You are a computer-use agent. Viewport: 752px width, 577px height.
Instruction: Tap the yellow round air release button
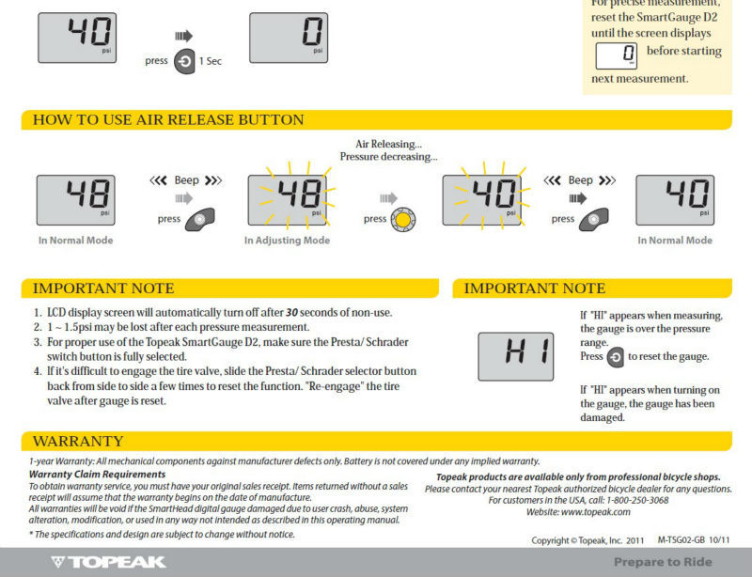pos(403,219)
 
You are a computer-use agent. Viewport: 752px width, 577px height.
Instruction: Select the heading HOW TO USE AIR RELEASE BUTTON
pos(168,120)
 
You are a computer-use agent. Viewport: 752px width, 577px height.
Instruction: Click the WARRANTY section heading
pos(78,441)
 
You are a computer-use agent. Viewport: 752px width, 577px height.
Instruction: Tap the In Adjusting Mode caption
pos(287,241)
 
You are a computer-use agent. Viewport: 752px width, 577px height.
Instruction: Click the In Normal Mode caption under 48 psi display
pos(75,241)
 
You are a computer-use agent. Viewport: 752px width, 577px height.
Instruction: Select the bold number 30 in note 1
pos(291,312)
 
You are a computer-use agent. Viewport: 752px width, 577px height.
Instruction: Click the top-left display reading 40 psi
pos(78,39)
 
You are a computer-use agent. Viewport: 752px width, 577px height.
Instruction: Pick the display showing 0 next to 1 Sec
pos(288,39)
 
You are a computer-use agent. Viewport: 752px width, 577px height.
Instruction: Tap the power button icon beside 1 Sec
pos(184,60)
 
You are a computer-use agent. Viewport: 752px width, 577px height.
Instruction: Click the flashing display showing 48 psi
pos(288,199)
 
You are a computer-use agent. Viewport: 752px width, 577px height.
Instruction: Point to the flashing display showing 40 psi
pos(483,199)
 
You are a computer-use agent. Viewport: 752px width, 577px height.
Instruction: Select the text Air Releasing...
pos(388,144)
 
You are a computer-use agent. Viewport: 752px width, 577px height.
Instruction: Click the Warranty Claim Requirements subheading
pos(85,474)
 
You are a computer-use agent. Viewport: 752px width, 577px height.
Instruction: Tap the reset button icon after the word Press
pos(616,358)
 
